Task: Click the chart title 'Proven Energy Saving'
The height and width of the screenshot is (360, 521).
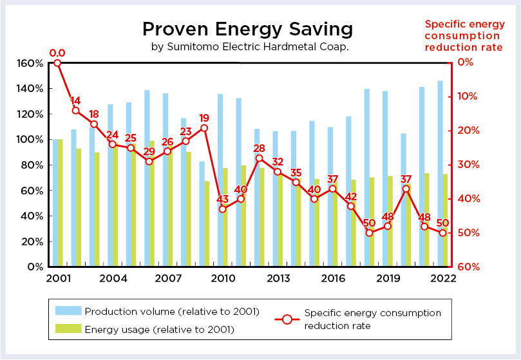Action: coord(247,30)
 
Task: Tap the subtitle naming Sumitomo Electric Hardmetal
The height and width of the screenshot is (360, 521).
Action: coord(250,47)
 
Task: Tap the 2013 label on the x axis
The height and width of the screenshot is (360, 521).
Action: coord(278,279)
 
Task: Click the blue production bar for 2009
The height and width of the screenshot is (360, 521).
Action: coord(202,214)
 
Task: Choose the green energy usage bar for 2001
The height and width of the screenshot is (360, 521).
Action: coord(61,203)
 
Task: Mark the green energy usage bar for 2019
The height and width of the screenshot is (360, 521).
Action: coord(390,222)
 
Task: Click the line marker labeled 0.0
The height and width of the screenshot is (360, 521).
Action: coord(57,63)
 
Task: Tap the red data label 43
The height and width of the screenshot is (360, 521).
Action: coord(223,199)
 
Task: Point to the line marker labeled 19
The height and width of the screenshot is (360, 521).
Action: coord(204,128)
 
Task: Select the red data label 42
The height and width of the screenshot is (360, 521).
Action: coord(351,196)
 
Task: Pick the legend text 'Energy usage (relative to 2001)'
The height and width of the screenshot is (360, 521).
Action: coord(159,330)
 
